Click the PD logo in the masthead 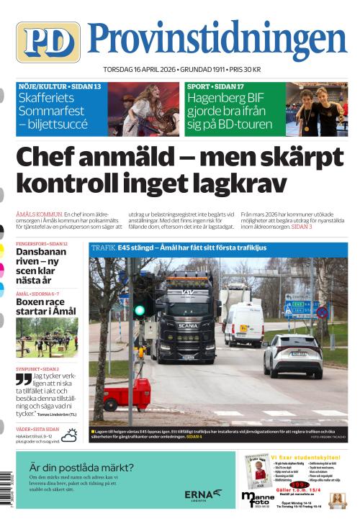(48, 42)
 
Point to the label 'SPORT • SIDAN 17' (215, 86)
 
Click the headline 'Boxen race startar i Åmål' (43, 309)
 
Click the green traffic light (140, 311)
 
